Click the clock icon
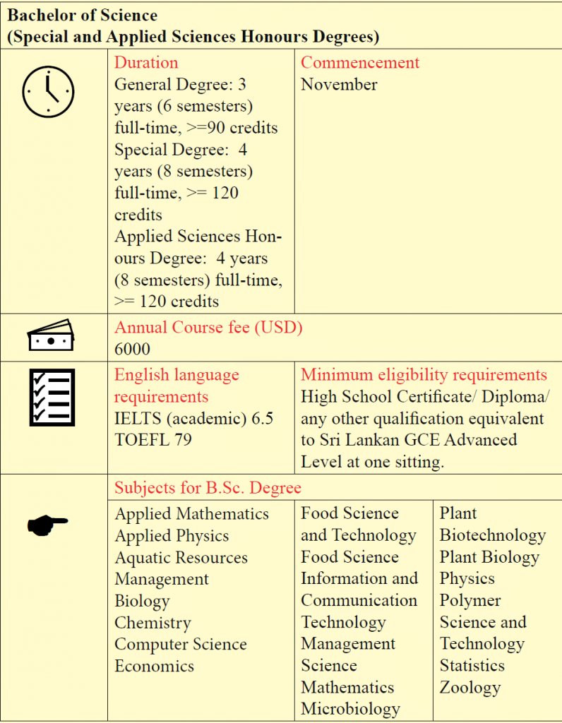(x=48, y=92)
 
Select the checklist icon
(x=51, y=398)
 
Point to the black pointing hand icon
(x=47, y=523)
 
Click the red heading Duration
(x=146, y=62)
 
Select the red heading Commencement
(x=360, y=62)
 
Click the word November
(x=339, y=84)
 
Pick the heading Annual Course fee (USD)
(x=208, y=328)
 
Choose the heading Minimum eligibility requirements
(x=424, y=375)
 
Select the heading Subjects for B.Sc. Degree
(x=208, y=487)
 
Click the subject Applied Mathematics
(x=191, y=513)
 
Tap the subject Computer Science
(x=181, y=644)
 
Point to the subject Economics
(x=154, y=666)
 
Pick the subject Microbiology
(x=350, y=708)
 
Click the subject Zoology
(x=470, y=687)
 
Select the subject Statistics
(x=472, y=665)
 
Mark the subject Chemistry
(x=153, y=623)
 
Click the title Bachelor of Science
(x=83, y=15)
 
